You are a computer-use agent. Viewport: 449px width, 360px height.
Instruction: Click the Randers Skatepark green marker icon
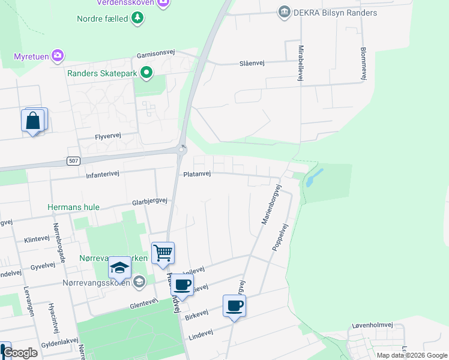click(x=146, y=74)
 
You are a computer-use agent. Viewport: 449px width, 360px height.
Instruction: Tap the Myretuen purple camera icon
click(x=58, y=56)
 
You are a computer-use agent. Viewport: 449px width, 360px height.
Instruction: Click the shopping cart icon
click(x=163, y=253)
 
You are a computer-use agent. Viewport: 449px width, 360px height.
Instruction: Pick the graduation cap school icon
click(x=119, y=268)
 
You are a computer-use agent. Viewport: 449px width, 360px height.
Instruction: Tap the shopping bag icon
click(x=33, y=121)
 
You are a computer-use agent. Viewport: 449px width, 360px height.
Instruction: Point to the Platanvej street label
click(x=197, y=174)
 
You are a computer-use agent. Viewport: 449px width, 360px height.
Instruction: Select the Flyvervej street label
click(x=108, y=136)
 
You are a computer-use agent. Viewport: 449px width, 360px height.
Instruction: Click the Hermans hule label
click(x=74, y=207)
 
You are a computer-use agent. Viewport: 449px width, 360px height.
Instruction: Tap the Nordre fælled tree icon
click(x=139, y=19)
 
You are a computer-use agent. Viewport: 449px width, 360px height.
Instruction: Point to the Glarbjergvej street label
click(x=149, y=201)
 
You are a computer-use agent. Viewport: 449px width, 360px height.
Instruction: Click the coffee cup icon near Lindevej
click(x=234, y=306)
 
